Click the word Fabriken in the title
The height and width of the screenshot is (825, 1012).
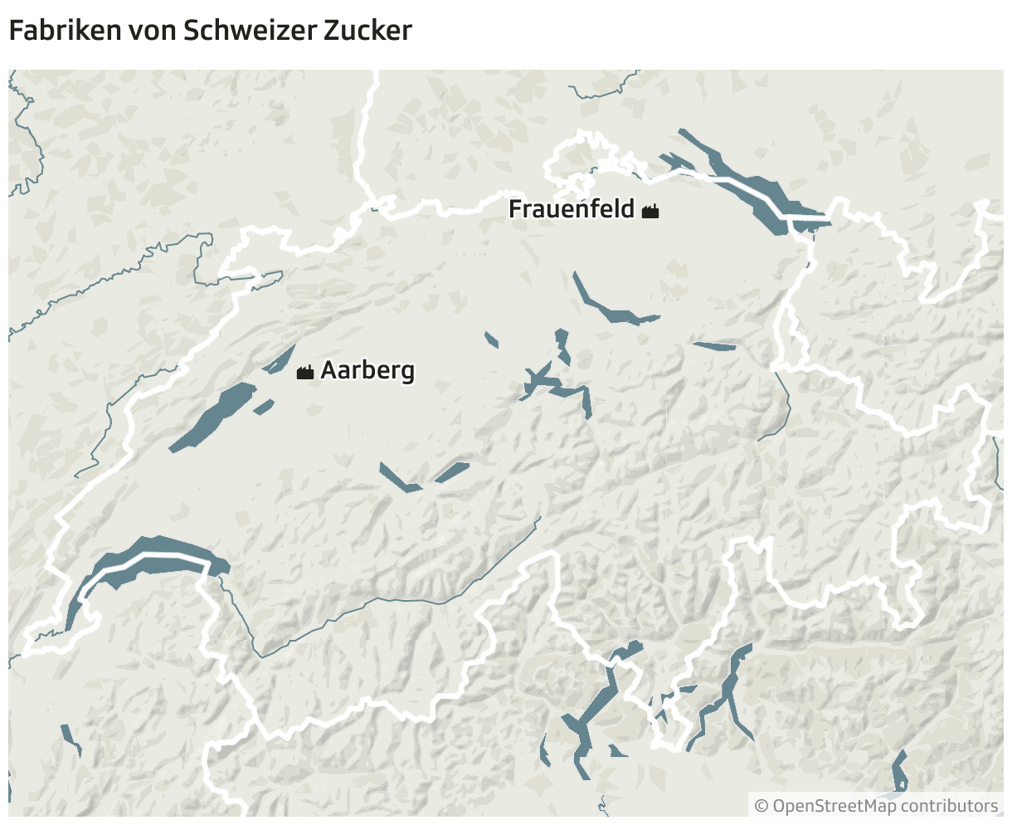coord(63,31)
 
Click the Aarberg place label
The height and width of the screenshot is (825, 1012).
coord(367,370)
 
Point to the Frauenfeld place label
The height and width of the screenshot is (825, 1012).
coord(572,209)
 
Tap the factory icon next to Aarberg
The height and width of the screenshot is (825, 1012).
coord(305,372)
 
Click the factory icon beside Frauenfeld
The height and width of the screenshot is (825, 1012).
coord(650,212)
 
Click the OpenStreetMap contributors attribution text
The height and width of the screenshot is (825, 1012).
coord(885,806)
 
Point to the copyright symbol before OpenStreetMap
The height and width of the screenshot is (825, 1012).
coord(761,806)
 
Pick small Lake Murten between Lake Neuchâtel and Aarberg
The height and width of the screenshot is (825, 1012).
coord(264,407)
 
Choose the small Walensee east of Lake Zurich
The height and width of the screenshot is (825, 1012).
coord(713,346)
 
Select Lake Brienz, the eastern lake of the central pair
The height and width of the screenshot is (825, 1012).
coord(452,472)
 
